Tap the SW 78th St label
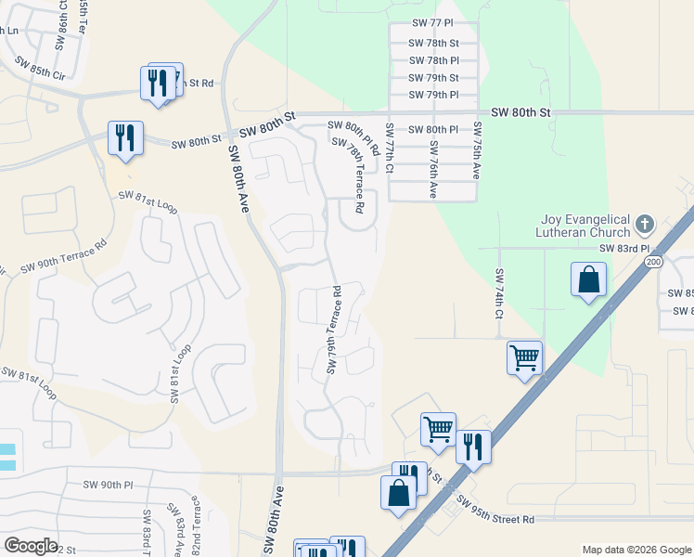(434, 43)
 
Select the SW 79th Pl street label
(434, 95)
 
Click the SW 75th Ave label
(477, 150)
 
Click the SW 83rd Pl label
(624, 249)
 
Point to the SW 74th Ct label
(499, 295)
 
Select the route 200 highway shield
(653, 263)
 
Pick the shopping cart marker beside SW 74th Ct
(524, 356)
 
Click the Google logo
(31, 546)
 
